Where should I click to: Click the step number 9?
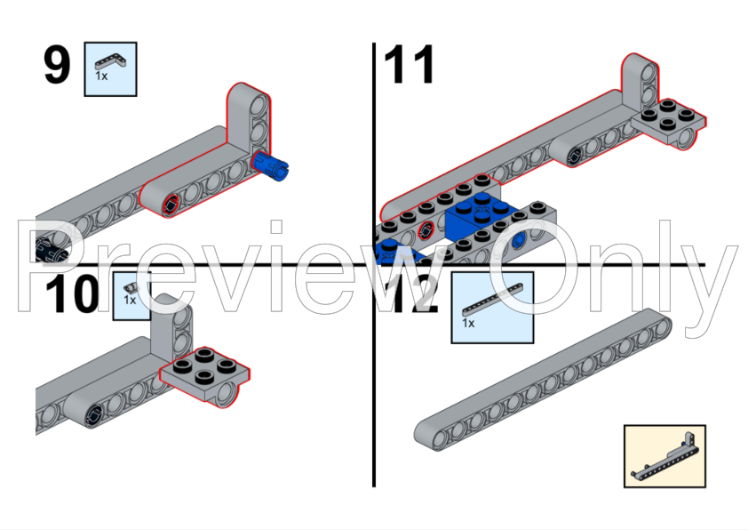57,67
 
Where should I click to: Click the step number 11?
410,66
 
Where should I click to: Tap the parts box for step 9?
110,68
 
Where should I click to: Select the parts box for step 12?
492,307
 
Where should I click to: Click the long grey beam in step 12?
543,377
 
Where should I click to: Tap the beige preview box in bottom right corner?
664,455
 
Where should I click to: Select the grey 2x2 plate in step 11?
669,121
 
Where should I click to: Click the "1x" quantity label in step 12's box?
468,324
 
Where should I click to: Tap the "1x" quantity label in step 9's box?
101,76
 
